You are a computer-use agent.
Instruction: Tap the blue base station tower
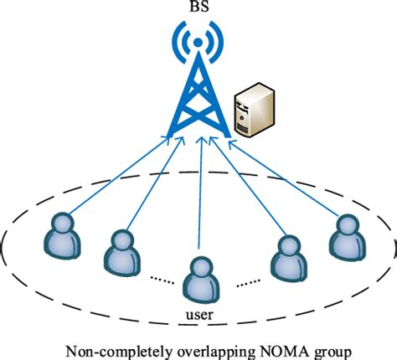pyautogui.click(x=198, y=92)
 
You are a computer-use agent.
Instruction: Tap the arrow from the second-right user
pyautogui.click(x=245, y=188)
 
